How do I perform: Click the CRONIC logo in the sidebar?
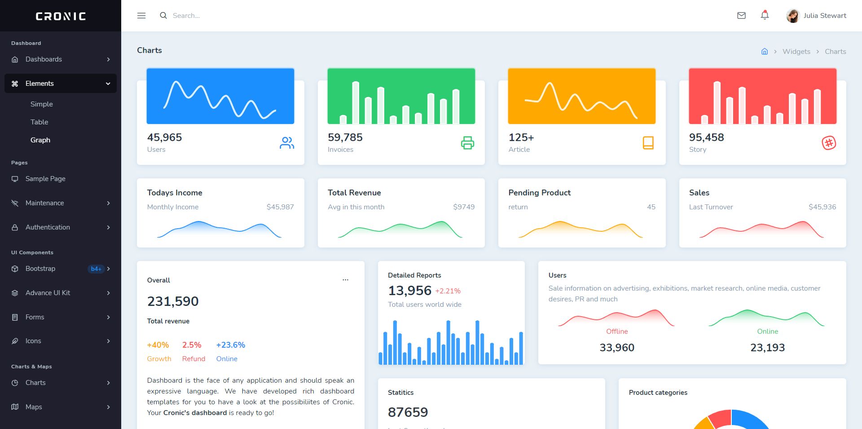pyautogui.click(x=61, y=16)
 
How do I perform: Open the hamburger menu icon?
pyautogui.click(x=141, y=16)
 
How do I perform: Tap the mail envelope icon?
pyautogui.click(x=741, y=16)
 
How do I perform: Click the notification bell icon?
pyautogui.click(x=765, y=15)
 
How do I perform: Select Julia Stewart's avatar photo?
pyautogui.click(x=793, y=16)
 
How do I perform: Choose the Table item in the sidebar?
pyautogui.click(x=40, y=122)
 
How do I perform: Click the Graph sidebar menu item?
pyautogui.click(x=40, y=140)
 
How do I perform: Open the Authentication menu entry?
pyautogui.click(x=48, y=227)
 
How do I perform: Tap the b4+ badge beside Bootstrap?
pyautogui.click(x=96, y=269)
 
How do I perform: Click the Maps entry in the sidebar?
pyautogui.click(x=34, y=407)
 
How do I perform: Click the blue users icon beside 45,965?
pyautogui.click(x=287, y=143)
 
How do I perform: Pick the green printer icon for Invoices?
pyautogui.click(x=467, y=143)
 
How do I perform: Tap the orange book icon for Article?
pyautogui.click(x=648, y=143)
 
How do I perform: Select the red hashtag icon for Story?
pyautogui.click(x=829, y=143)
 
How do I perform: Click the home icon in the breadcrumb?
pyautogui.click(x=765, y=52)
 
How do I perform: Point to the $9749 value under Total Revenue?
pyautogui.click(x=464, y=207)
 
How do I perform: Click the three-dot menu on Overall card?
pyautogui.click(x=345, y=280)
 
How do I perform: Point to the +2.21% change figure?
pyautogui.click(x=448, y=291)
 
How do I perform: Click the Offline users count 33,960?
pyautogui.click(x=617, y=348)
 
